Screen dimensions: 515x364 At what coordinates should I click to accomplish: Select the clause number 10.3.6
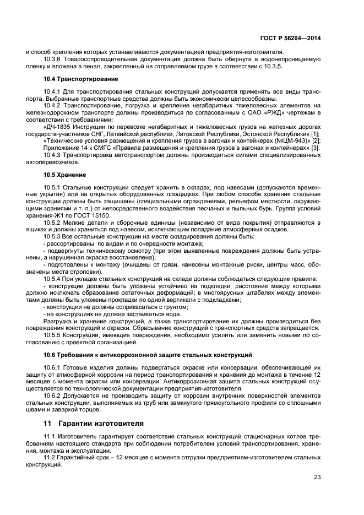click(x=52, y=58)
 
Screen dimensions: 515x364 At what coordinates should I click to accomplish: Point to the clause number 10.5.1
click(x=52, y=188)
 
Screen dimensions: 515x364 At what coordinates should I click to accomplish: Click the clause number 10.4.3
click(x=52, y=154)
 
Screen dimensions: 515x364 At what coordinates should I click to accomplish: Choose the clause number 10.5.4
click(x=52, y=279)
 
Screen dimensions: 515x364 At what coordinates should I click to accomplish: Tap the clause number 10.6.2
click(x=52, y=396)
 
